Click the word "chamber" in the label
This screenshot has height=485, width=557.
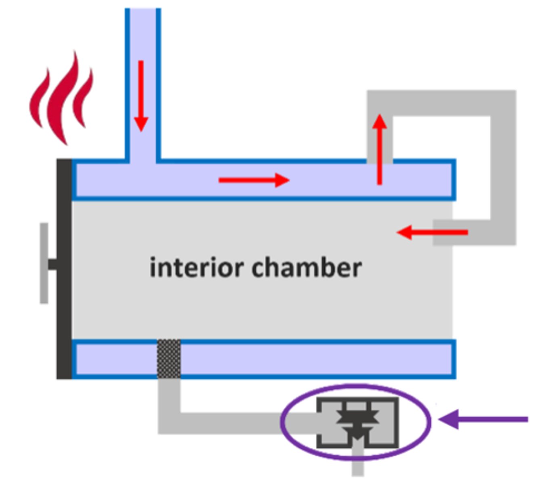(307, 268)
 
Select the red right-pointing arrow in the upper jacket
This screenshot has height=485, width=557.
(254, 180)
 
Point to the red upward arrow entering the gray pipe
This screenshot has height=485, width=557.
(379, 150)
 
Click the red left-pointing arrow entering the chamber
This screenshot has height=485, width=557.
(432, 232)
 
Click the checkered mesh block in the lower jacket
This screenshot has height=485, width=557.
(168, 359)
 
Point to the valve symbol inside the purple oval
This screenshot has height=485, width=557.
(357, 422)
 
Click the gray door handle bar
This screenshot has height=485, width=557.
(44, 263)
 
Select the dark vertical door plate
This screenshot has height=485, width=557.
(64, 269)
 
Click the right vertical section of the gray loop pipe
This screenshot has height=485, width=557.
(503, 170)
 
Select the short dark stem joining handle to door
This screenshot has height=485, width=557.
(53, 264)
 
